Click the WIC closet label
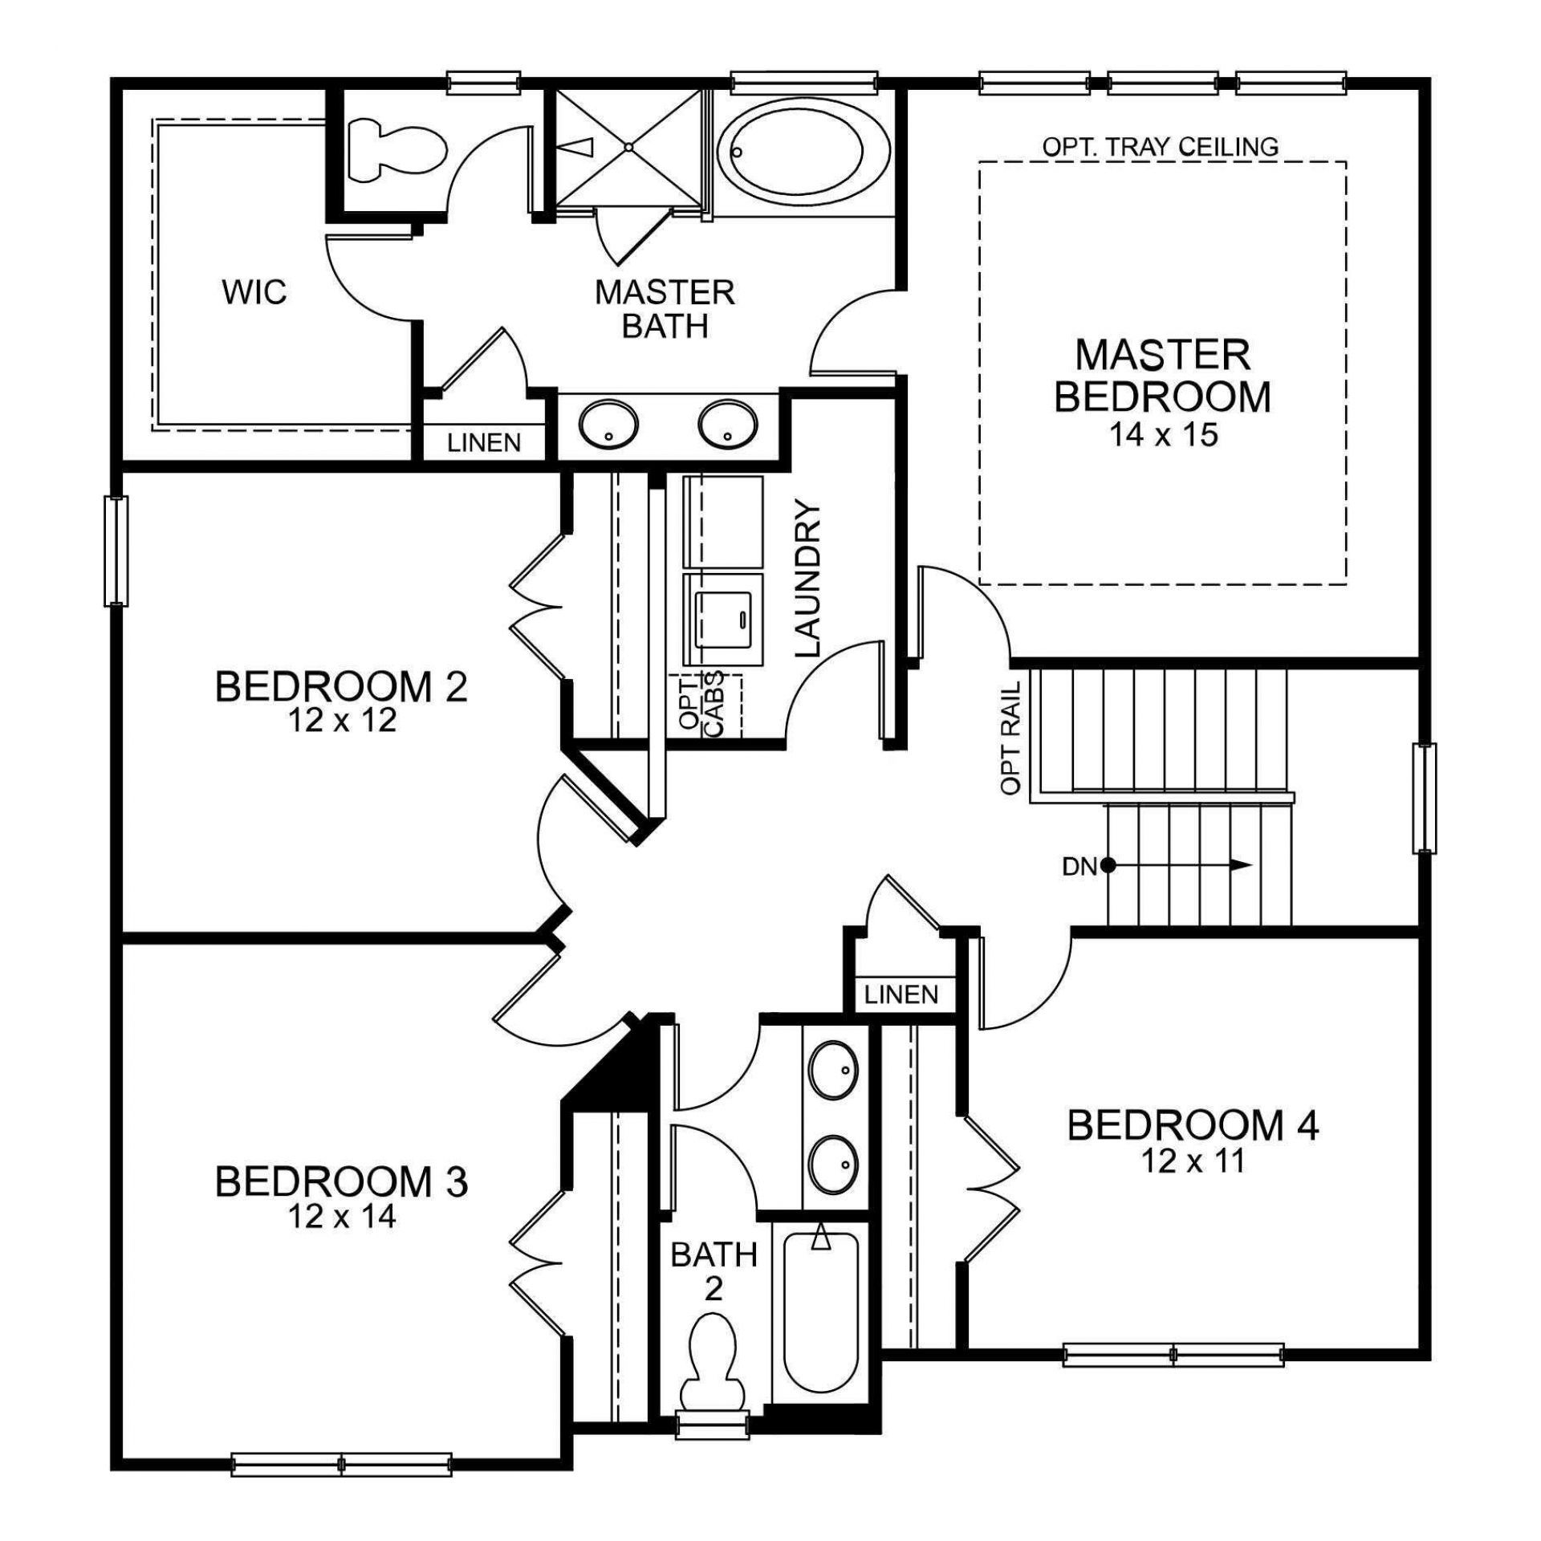254,292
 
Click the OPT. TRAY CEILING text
1161,147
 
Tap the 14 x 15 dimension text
1163,434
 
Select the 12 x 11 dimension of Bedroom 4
1193,1161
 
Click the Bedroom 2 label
341,687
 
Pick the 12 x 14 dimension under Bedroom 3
342,1217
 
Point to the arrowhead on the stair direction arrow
1241,865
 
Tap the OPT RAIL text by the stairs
1011,738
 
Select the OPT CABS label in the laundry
701,701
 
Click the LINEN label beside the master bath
484,442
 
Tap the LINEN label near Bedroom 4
901,995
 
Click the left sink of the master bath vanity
609,425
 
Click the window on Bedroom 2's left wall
116,550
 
